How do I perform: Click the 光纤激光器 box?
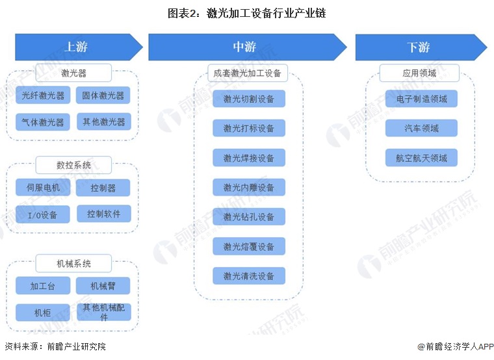(43, 96)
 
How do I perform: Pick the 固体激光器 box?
(103, 96)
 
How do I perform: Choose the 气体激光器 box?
(43, 122)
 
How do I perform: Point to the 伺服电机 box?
(43, 188)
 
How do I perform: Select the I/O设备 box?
(43, 214)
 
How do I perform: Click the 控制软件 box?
(103, 214)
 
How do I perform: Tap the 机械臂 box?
(103, 286)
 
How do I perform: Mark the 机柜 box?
(43, 313)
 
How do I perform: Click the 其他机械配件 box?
(103, 312)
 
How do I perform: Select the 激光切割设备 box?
(249, 99)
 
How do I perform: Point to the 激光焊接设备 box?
(249, 158)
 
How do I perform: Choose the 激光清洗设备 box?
(249, 276)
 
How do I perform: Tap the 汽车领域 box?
(421, 128)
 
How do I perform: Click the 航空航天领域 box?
(421, 158)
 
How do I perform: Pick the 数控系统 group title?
(73, 165)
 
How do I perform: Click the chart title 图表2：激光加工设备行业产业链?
(247, 13)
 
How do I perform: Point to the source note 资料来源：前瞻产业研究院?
(55, 347)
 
